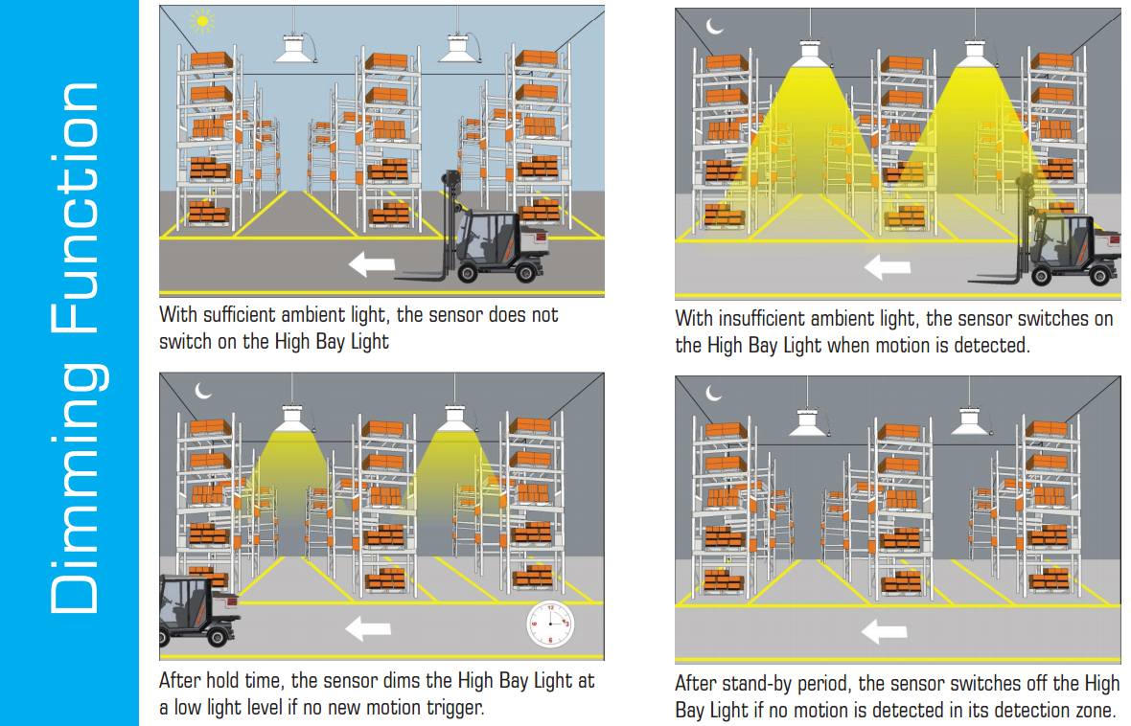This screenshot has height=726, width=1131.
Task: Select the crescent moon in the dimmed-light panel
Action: coord(203,390)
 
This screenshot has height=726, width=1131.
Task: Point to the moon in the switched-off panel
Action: coord(714,392)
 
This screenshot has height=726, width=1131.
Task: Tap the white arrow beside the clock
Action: coord(368,628)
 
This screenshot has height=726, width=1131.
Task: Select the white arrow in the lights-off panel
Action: coord(885,631)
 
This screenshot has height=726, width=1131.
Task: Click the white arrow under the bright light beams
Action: coord(887,266)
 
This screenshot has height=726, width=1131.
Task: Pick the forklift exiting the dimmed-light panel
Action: coord(196,613)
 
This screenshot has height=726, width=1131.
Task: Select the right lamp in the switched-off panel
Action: coord(971,420)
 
